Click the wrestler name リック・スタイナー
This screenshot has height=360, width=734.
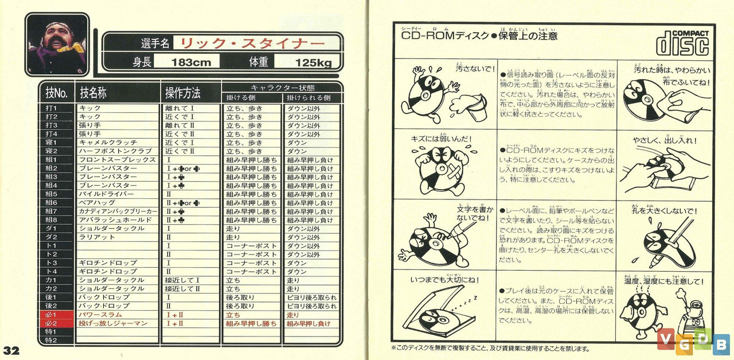(x=249, y=44)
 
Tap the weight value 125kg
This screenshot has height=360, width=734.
(x=313, y=62)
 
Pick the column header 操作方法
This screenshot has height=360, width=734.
(x=182, y=92)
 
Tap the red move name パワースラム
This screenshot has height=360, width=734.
(x=100, y=315)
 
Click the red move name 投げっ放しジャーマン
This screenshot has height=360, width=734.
(x=113, y=323)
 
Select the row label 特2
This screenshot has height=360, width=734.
(x=52, y=341)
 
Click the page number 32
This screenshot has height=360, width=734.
(x=11, y=351)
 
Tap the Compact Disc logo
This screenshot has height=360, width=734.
(x=682, y=43)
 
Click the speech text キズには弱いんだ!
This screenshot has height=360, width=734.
(x=438, y=139)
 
